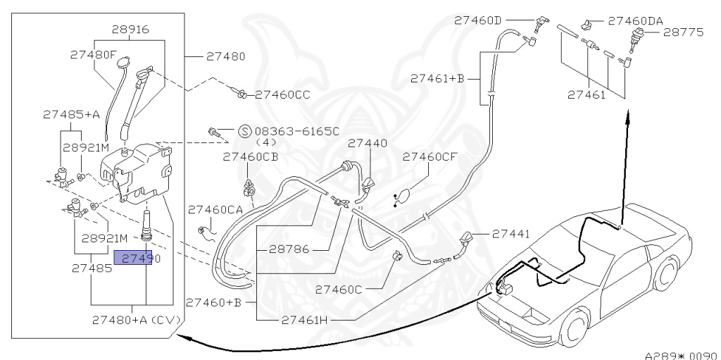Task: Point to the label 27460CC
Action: [283, 94]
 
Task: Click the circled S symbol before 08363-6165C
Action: [244, 130]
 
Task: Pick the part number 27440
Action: [368, 142]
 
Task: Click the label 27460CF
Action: [431, 157]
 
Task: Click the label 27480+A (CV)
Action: [136, 319]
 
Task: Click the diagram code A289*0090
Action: [682, 354]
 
